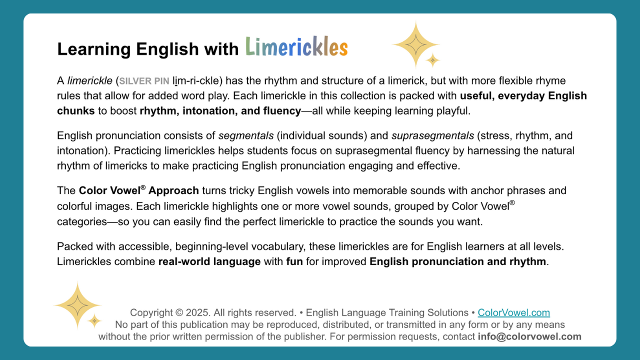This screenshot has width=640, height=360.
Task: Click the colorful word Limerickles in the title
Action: (x=296, y=48)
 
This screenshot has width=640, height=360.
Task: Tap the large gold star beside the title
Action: (x=415, y=44)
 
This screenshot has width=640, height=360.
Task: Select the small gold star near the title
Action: (x=432, y=60)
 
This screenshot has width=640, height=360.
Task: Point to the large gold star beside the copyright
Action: (x=78, y=305)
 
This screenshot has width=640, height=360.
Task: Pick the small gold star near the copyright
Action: (x=94, y=320)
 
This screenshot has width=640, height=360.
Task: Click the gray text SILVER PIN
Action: (x=144, y=81)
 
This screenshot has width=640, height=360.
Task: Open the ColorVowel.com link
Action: (x=513, y=313)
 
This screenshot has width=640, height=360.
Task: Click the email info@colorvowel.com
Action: (x=529, y=336)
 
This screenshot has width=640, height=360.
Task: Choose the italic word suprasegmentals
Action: (x=432, y=136)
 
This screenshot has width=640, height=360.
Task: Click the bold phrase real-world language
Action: (x=209, y=261)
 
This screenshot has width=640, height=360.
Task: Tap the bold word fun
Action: (x=294, y=261)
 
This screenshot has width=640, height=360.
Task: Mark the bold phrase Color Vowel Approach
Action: (x=139, y=190)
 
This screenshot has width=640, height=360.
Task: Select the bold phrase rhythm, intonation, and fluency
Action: (x=220, y=111)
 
